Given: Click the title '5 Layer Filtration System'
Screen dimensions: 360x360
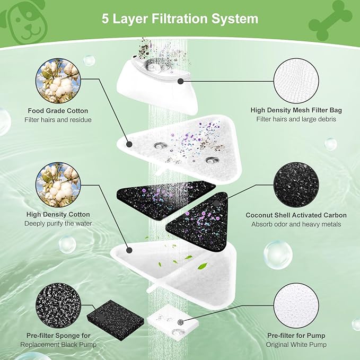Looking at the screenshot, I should click(x=180, y=19).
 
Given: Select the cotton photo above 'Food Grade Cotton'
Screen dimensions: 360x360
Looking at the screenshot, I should click(x=58, y=80).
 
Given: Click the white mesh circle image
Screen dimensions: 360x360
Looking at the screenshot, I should click(x=296, y=80).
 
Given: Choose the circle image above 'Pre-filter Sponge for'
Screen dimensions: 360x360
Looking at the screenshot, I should click(x=58, y=304).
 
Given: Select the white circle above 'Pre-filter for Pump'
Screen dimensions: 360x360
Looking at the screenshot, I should click(x=296, y=304).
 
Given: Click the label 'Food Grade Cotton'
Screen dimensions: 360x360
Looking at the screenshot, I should click(x=58, y=111).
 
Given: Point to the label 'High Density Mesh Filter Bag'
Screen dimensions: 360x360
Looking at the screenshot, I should click(x=296, y=110).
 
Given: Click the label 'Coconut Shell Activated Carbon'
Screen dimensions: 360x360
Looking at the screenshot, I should click(x=296, y=215).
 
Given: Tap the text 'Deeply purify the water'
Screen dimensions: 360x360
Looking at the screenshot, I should click(x=58, y=223).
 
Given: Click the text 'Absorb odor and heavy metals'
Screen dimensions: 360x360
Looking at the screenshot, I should click(x=296, y=224).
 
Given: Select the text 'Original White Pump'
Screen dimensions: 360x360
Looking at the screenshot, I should click(x=296, y=345).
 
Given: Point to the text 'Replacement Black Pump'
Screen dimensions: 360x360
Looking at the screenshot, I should click(x=58, y=345).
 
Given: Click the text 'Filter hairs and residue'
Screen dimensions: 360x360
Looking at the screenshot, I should click(x=58, y=120).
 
